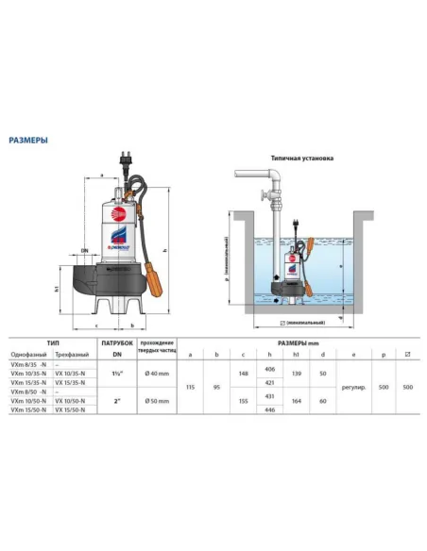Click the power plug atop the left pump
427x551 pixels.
pos(125,161)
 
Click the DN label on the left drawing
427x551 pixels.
pos(84,250)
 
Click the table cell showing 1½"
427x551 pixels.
pos(114,376)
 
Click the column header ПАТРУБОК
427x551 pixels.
pos(114,343)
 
